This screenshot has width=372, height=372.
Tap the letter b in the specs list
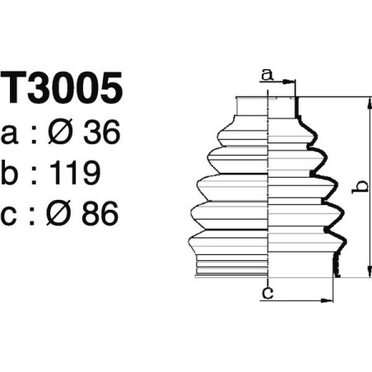[x=14, y=173]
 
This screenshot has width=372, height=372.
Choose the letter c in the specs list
[x=13, y=216]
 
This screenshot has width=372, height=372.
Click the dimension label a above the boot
[x=266, y=75]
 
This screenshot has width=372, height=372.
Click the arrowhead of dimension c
[x=332, y=299]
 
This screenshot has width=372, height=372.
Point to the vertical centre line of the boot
[x=271, y=189]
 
